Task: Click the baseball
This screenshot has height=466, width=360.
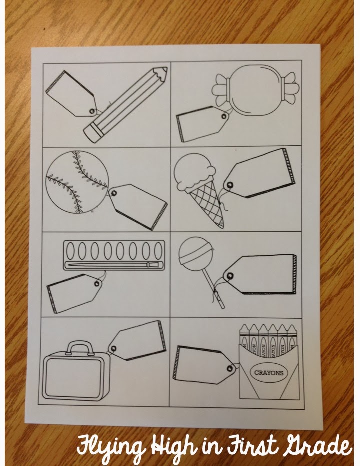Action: pos(77,182)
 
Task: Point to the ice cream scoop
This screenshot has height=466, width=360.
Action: pos(194,172)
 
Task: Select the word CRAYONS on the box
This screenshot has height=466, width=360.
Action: pos(269,372)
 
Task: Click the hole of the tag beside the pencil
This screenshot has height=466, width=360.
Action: pos(92,111)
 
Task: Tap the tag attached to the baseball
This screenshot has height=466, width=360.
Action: pos(138,206)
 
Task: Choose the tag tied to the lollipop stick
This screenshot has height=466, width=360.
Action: pos(260,274)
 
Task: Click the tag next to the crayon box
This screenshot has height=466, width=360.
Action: pos(205,364)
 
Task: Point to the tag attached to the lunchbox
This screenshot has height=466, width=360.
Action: pos(136,340)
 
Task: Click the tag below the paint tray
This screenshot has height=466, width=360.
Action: pos(74,292)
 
